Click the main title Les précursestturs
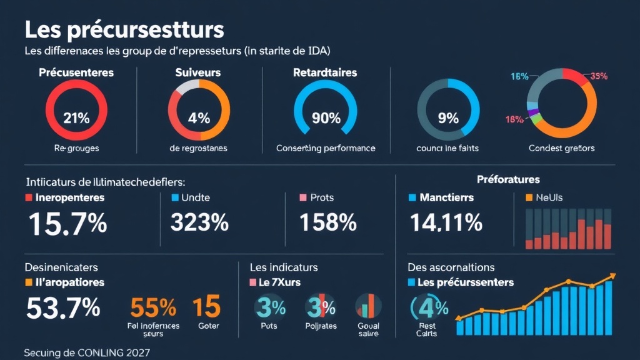point(124,30)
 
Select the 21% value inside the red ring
point(76,117)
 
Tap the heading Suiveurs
point(198,72)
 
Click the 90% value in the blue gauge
point(326,117)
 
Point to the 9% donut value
point(448,117)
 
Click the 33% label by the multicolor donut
point(598,77)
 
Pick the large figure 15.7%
point(66,223)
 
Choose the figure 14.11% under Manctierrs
point(446,222)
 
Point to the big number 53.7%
point(63,307)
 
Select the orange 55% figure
point(153,307)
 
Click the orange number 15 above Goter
point(206,307)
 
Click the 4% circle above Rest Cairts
point(430,307)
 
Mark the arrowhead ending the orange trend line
point(614,276)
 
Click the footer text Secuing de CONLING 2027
point(87,352)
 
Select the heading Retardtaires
point(325,72)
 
